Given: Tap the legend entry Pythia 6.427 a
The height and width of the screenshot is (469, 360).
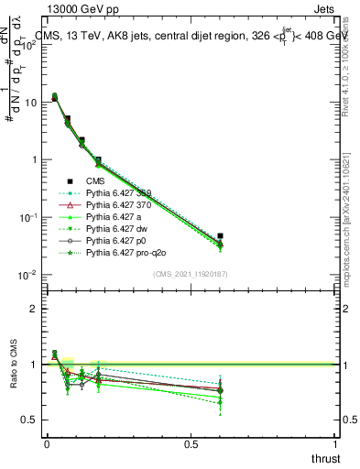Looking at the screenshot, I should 115,216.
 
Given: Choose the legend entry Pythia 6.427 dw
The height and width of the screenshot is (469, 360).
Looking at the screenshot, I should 116,228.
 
